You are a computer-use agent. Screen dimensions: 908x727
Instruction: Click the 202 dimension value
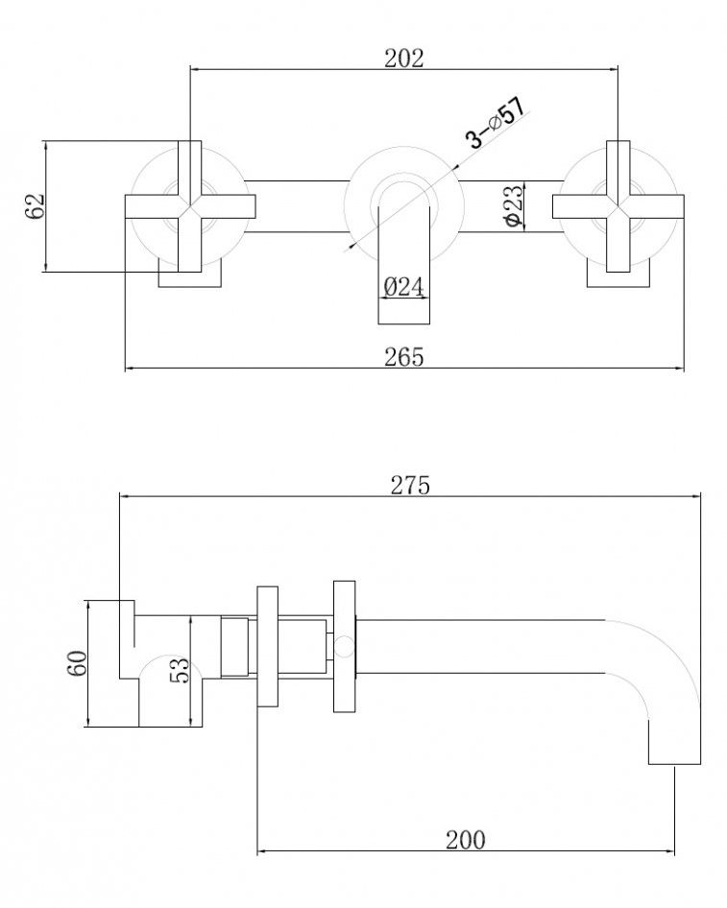point(404,58)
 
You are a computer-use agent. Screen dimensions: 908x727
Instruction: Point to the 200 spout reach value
point(466,840)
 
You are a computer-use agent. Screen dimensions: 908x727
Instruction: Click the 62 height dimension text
point(36,206)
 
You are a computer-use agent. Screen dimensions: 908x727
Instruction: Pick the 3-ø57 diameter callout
point(495,123)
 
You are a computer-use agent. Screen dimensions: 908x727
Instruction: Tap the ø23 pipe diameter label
point(513,206)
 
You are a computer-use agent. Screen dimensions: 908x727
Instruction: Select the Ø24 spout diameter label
point(404,287)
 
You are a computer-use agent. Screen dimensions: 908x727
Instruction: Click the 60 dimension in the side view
point(79,662)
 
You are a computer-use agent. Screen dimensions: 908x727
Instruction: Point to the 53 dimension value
point(179,671)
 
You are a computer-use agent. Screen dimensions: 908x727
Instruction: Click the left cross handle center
point(190,205)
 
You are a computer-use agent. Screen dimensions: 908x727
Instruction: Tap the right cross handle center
point(618,205)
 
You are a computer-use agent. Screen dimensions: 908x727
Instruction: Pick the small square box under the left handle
point(190,275)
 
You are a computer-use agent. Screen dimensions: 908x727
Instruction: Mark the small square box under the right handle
point(618,275)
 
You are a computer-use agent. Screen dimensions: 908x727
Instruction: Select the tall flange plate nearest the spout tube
point(344,645)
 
